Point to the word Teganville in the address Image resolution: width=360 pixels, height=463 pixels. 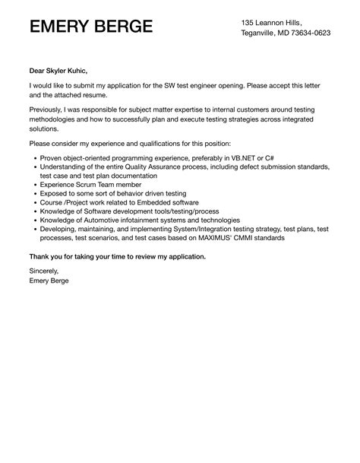[261, 33]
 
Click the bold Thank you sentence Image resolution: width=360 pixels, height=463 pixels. [117, 255]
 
